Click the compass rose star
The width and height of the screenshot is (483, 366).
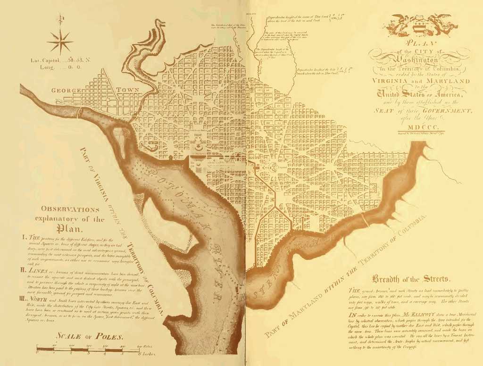[x=60, y=42]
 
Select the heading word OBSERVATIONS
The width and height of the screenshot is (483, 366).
[x=70, y=209]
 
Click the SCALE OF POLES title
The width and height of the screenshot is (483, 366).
[x=89, y=337]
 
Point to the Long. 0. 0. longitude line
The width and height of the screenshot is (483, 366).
[x=58, y=67]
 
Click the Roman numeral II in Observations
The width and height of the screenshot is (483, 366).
[x=23, y=271]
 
